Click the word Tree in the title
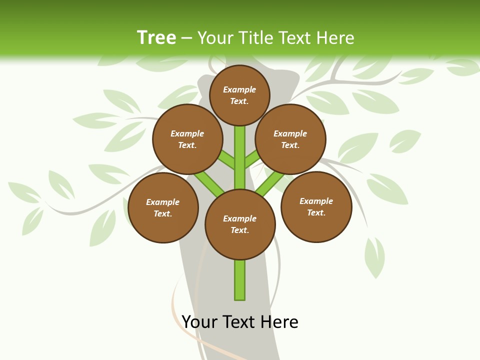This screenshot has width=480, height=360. pos(156,37)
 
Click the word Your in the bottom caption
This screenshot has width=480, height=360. pos(199,321)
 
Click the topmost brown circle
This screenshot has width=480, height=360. pos(239,95)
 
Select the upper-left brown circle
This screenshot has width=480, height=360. pos(187,139)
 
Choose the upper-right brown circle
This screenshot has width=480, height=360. pos(290,139)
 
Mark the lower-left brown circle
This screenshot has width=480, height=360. pos(163,207)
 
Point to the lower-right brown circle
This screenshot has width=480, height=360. pos(316,206)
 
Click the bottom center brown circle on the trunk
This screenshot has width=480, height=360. pos(240,224)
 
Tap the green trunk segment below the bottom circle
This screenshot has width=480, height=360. pos(240,280)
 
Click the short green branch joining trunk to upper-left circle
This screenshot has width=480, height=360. pos(226,160)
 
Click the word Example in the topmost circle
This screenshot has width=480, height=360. pos(239,89)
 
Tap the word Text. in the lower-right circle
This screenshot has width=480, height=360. pos(316,212)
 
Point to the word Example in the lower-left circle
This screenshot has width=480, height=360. pos(163,202)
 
